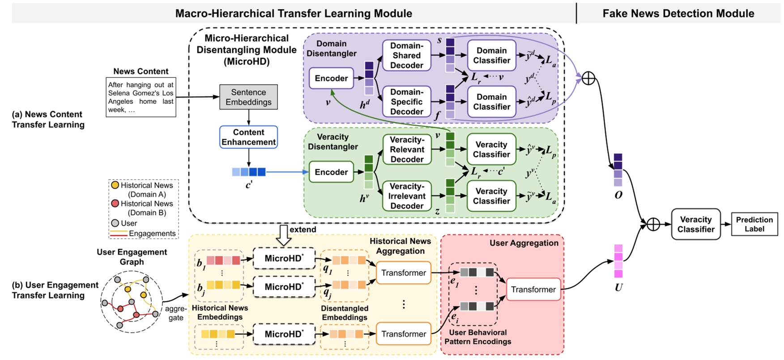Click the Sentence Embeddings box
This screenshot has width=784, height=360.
click(x=248, y=97)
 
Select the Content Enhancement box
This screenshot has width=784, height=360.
click(x=248, y=137)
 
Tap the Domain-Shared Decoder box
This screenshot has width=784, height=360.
click(x=406, y=56)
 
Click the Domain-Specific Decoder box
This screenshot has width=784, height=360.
click(x=406, y=102)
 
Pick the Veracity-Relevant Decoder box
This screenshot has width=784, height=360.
click(x=407, y=150)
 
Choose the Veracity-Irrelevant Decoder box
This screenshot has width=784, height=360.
click(x=407, y=196)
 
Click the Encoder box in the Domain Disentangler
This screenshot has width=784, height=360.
click(x=331, y=78)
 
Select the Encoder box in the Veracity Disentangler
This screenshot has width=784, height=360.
click(x=331, y=172)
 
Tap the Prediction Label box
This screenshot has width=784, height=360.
click(x=754, y=224)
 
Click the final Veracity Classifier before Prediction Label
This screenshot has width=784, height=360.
click(x=695, y=224)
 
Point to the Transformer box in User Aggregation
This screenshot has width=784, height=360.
click(x=533, y=289)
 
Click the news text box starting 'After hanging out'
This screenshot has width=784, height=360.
click(x=141, y=97)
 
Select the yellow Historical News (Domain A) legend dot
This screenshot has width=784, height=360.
click(x=115, y=185)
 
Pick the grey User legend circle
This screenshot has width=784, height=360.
click(x=115, y=223)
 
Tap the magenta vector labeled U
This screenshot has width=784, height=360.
click(x=618, y=261)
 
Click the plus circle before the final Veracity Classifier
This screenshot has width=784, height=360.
click(x=653, y=224)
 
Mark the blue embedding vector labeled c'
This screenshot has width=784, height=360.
click(x=249, y=172)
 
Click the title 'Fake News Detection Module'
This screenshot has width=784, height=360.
click(x=678, y=13)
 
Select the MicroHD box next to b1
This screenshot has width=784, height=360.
click(x=284, y=258)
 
